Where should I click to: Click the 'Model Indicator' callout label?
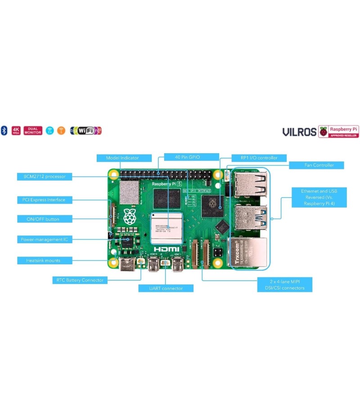pos(122,158)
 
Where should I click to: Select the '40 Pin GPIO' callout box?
pos(188,157)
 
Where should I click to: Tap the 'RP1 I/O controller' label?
pos(259,158)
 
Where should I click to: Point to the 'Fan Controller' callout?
pos(316,165)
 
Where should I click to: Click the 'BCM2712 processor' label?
pos(45,177)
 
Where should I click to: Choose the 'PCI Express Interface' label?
pos(44,200)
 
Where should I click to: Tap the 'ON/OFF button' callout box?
pos(44,219)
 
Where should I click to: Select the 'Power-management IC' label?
pos(44,240)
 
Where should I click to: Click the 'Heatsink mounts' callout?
pos(44,260)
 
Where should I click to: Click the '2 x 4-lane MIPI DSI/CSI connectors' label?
pos(284,285)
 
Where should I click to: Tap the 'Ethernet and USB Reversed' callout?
pos(319,197)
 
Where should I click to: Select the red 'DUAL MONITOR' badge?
pos(33,130)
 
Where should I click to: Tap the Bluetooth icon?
pos(4,131)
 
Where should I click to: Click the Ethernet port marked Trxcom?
pos(247,254)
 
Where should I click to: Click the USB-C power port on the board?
pos(126,265)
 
